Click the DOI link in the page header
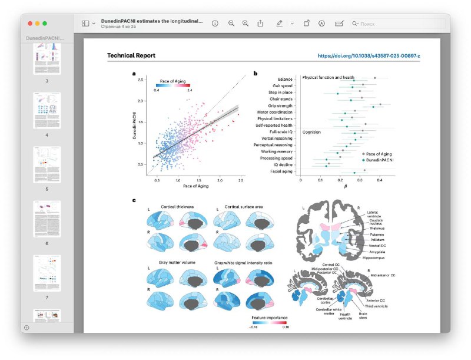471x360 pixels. tap(373, 55)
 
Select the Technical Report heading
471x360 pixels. tap(131, 55)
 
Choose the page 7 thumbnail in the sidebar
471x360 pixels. tap(47, 273)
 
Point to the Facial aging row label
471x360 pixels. tap(281, 171)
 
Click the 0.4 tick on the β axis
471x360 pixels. tap(380, 180)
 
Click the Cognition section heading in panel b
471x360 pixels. tap(311, 133)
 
